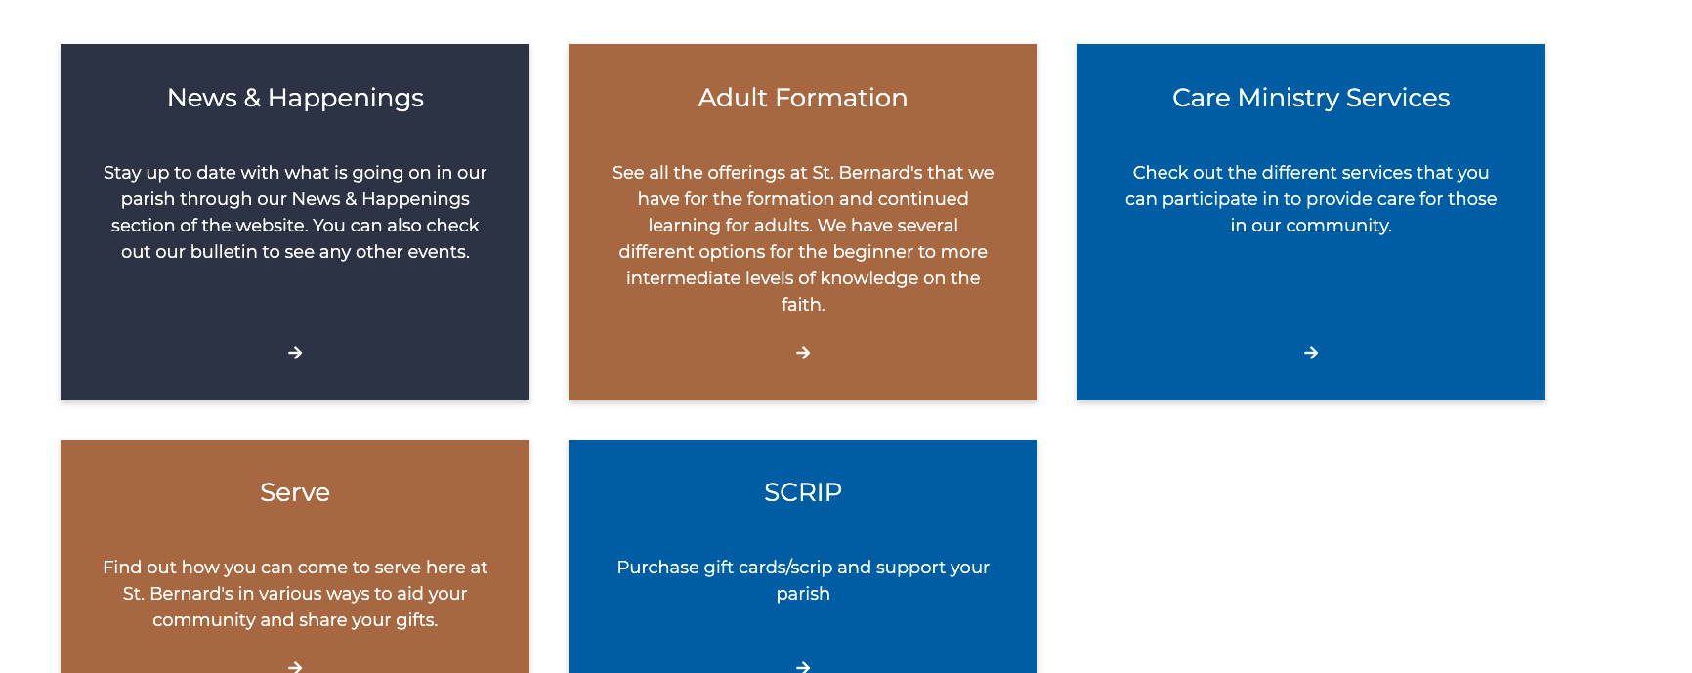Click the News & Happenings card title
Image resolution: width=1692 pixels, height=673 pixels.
pyautogui.click(x=295, y=98)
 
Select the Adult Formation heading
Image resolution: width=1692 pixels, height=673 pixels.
pyautogui.click(x=803, y=98)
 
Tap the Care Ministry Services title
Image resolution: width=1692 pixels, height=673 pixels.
pyautogui.click(x=1311, y=98)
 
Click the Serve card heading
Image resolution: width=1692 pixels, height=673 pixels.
pyautogui.click(x=295, y=492)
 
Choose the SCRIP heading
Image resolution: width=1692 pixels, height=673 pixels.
pyautogui.click(x=803, y=492)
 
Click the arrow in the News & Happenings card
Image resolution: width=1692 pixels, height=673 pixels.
pyautogui.click(x=295, y=353)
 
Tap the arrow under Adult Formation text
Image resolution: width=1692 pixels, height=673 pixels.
pyautogui.click(x=803, y=353)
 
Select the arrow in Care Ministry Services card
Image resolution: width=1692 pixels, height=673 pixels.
pyautogui.click(x=1311, y=353)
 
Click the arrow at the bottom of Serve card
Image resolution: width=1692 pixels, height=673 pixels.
pyautogui.click(x=295, y=667)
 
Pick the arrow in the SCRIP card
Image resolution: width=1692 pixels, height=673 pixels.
pyautogui.click(x=803, y=667)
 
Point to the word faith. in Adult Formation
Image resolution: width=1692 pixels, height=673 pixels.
pyautogui.click(x=803, y=304)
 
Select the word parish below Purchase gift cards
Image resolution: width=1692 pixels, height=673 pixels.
pyautogui.click(x=803, y=594)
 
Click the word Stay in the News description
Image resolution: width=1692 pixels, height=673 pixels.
pyautogui.click(x=122, y=173)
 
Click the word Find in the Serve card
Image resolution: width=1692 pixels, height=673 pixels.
pyautogui.click(x=122, y=568)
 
